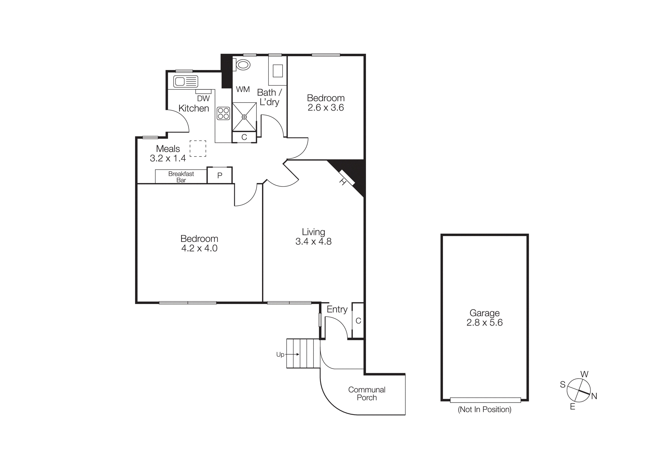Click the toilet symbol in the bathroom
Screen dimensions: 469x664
(242, 65)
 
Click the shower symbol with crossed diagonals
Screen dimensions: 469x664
(244, 117)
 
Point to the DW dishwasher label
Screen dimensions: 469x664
(203, 99)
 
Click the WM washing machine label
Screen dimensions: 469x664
(243, 89)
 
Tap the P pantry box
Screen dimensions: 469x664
(220, 175)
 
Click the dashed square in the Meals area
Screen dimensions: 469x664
(198, 149)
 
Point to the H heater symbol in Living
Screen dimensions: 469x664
(346, 178)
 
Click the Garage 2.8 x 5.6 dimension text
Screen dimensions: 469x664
(484, 323)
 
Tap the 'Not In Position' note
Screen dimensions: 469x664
(484, 409)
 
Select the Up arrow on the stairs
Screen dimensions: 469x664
(293, 354)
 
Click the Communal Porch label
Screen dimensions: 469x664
(367, 394)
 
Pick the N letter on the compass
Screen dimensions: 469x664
(594, 396)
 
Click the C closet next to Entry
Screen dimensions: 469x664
(358, 320)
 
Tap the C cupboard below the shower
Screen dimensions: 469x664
(244, 137)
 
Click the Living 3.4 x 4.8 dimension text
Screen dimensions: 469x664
(313, 241)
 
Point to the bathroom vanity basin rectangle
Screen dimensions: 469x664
(278, 71)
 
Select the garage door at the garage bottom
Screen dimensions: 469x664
(485, 400)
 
